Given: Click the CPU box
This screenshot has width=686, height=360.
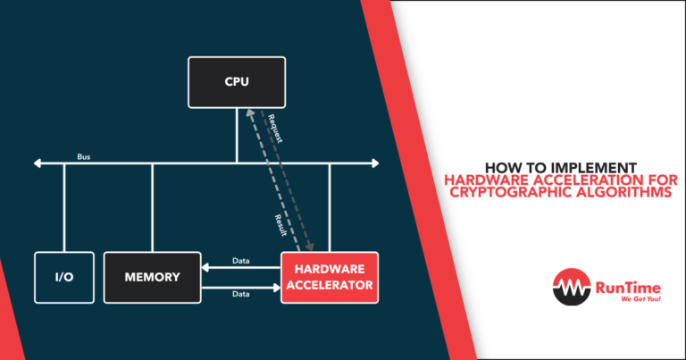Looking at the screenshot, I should [x=237, y=82].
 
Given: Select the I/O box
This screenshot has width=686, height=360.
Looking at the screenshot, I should [x=63, y=278].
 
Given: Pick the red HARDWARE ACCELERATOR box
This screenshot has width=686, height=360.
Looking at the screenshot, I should [x=330, y=278].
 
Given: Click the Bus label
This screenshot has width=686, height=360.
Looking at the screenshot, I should [x=83, y=156].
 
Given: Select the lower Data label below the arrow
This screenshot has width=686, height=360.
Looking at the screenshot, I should [x=240, y=294].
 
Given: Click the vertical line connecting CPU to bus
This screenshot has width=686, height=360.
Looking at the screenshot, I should [x=237, y=135].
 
